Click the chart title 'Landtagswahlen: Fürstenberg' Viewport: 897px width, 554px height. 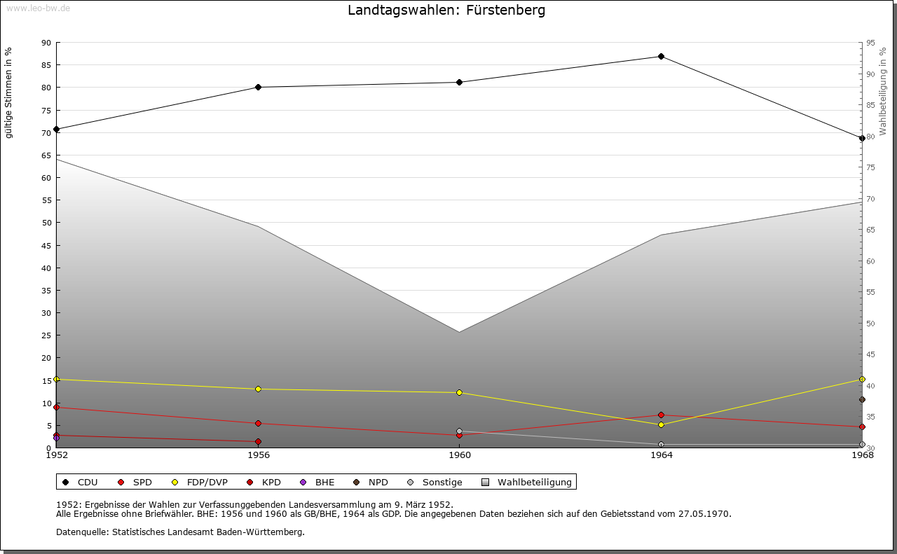point(446,11)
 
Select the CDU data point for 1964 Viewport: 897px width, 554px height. point(661,56)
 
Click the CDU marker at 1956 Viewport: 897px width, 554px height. point(259,87)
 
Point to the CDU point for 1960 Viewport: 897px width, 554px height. point(460,82)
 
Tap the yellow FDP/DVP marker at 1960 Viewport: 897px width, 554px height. point(460,392)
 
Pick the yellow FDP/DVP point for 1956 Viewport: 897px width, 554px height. point(259,389)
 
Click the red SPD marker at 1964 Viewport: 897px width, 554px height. point(661,415)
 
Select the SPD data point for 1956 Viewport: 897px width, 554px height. point(259,423)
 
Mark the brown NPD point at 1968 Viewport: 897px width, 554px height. point(862,399)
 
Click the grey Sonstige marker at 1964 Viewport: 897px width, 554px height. point(661,444)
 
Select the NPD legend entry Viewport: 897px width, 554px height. point(371,482)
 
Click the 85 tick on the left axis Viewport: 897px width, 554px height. point(46,65)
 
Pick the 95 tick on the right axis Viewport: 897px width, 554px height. point(870,43)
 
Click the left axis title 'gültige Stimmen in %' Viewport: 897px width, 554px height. point(9,92)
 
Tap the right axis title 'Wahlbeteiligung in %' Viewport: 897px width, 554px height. point(883,92)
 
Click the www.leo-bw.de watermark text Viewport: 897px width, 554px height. point(38,7)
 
